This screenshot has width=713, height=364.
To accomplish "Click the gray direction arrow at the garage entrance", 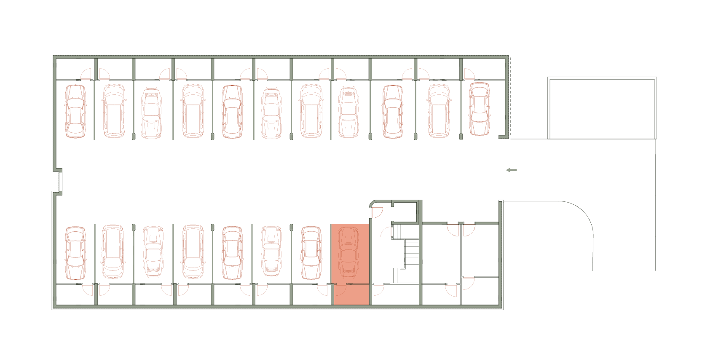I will pos(511,170).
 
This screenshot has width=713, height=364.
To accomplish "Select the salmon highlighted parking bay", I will pos(350,264).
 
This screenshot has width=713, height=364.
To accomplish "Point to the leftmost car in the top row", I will pos(75,112).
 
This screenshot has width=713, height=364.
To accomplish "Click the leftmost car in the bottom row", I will pos(75,253).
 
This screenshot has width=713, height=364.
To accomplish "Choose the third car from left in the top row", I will pos(151,113).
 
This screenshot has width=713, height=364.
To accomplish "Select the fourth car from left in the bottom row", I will pos(193,252).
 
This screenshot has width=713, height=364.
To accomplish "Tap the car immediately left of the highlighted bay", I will pos(311,253).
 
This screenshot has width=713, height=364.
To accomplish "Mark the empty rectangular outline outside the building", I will pos(602,108).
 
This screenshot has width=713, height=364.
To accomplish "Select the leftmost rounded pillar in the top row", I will pos(134,136).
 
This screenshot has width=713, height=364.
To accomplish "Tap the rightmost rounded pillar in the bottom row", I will pos(291,227).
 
